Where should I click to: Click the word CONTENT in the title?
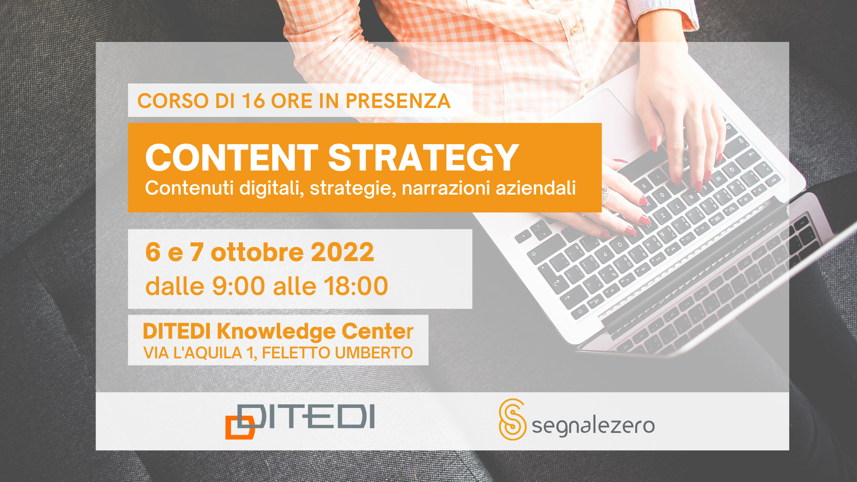(232, 158)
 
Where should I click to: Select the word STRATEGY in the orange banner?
(423, 158)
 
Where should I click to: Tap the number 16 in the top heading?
(254, 101)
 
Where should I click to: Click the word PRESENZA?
(398, 101)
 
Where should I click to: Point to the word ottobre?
(258, 252)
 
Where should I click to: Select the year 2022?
(342, 252)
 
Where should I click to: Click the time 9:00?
(238, 286)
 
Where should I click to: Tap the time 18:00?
(356, 286)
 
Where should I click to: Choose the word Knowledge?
(276, 332)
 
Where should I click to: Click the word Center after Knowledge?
(378, 331)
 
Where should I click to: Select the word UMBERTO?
(374, 353)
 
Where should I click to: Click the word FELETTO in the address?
(296, 353)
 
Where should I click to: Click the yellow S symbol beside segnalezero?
(512, 420)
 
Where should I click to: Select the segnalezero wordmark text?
(593, 425)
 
